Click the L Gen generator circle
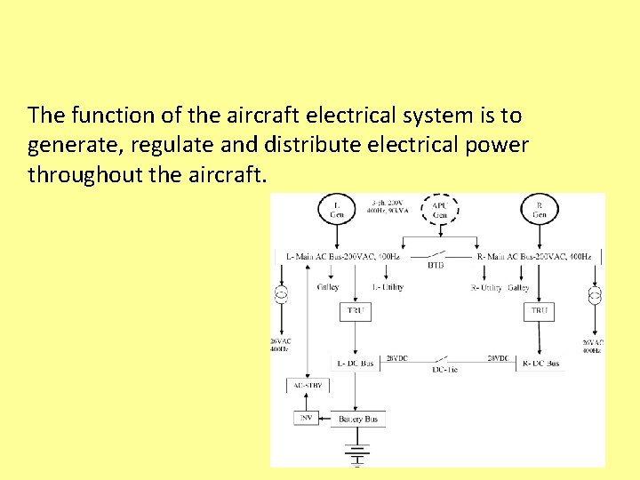pos(336,210)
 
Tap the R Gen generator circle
pos(540,210)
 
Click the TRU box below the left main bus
pos(355,311)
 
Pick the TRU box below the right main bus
pos(540,311)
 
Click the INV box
pos(305,418)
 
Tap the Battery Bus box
pos(358,419)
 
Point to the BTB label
pos(436,265)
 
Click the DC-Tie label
pos(446,369)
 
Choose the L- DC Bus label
pos(356,363)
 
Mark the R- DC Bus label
pos(540,363)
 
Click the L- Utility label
pos(388,287)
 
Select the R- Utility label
pos(486,287)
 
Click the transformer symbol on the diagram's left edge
pos(281,294)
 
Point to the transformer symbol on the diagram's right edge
pos(595,294)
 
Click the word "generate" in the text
pos(66,145)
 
